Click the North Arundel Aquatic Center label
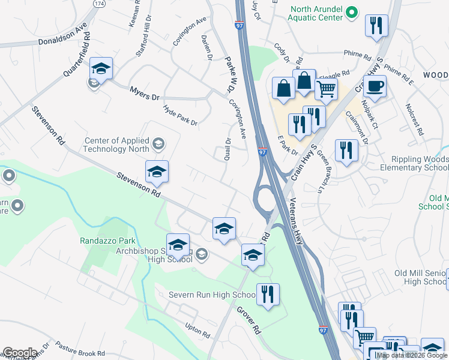(316, 13)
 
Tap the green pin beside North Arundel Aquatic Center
(353, 12)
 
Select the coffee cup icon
(375, 85)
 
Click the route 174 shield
(98, 4)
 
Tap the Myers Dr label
(145, 93)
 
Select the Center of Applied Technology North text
(117, 145)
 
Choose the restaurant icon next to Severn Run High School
(268, 294)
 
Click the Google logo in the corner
(19, 353)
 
